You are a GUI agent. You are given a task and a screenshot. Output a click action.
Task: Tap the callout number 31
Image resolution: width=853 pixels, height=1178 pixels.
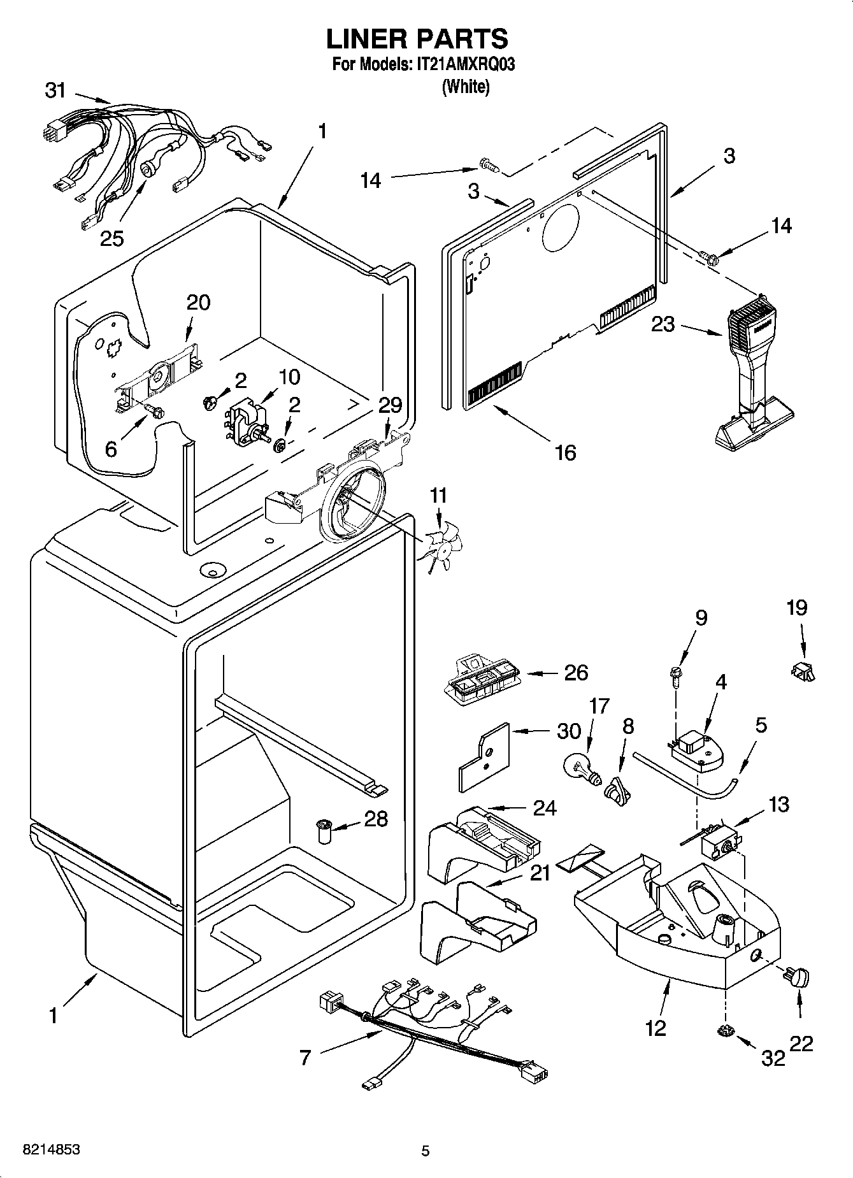click(56, 90)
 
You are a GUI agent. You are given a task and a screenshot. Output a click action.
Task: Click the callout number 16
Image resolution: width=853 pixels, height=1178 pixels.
click(565, 452)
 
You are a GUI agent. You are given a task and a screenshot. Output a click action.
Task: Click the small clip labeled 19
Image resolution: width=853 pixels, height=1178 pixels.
click(804, 671)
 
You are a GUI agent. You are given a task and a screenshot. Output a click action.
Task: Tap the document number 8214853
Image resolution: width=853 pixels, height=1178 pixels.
click(51, 1150)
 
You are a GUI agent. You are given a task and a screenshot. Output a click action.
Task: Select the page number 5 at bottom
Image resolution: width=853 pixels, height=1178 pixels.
click(426, 1151)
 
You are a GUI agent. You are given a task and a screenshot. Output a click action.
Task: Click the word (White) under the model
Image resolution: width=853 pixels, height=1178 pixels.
click(466, 87)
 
